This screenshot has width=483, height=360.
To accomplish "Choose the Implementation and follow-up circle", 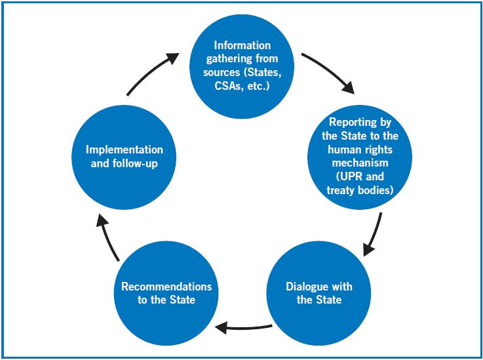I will tap(125, 155).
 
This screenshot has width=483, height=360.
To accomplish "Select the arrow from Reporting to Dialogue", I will tap(374, 234).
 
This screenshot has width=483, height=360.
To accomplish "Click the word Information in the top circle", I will tap(242, 45).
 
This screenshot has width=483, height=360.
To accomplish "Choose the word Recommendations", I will tap(166, 287).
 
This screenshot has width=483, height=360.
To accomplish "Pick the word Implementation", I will tap(125, 150).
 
